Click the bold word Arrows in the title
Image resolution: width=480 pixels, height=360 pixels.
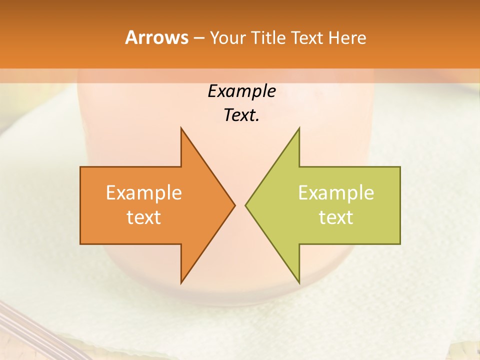click(156, 37)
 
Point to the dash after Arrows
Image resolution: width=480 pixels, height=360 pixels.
click(198, 38)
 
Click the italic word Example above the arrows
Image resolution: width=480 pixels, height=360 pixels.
click(241, 91)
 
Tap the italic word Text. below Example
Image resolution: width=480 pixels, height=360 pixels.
click(241, 115)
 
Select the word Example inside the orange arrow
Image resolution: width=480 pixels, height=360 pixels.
click(144, 192)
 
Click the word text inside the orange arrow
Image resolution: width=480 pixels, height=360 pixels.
click(144, 217)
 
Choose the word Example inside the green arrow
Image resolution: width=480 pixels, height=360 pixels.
click(336, 192)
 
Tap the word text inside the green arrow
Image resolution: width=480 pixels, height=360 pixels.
click(336, 217)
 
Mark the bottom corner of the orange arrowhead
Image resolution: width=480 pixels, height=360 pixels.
click(181, 282)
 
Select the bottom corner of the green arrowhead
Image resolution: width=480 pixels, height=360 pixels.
click(298, 282)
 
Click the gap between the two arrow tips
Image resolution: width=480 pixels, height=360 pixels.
click(240, 205)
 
